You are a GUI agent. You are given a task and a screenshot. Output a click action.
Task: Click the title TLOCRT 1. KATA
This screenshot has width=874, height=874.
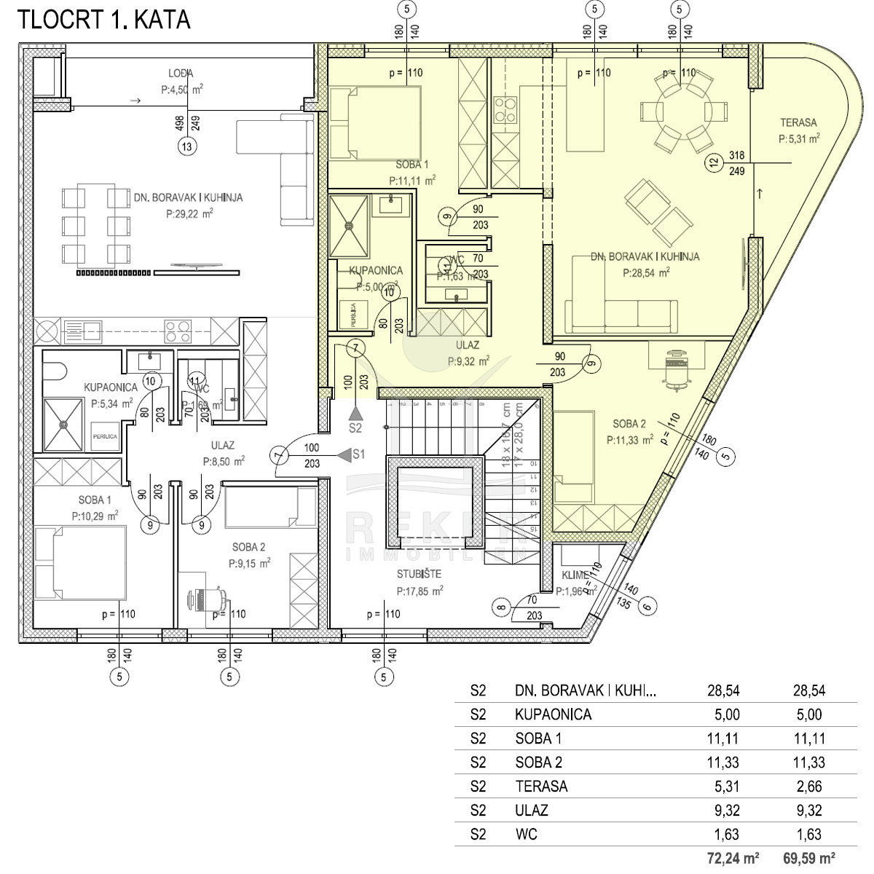pos(103,20)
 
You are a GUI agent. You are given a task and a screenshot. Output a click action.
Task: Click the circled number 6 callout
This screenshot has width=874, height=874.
pos(647,605)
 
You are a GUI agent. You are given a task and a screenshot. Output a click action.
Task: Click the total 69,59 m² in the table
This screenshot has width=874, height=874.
pos(808,859)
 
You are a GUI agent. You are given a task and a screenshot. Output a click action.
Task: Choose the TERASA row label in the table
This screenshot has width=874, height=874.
pos(540,786)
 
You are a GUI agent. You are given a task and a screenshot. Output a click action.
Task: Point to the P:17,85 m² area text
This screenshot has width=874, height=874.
pos(420,591)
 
